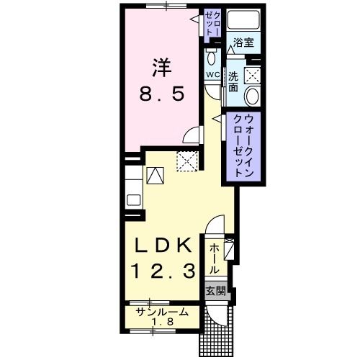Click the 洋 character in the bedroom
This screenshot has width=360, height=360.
[x=161, y=67]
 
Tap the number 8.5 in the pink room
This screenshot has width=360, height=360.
[x=161, y=93]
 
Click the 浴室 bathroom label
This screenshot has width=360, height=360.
[x=243, y=42]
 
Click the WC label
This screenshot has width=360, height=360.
[x=213, y=75]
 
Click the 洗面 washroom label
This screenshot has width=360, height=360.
[x=234, y=81]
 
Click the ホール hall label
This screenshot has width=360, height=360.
[x=215, y=257]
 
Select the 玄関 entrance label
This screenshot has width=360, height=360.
[x=215, y=291]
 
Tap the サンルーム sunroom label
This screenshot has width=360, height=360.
[x=163, y=311]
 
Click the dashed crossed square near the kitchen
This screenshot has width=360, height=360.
[x=187, y=161]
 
